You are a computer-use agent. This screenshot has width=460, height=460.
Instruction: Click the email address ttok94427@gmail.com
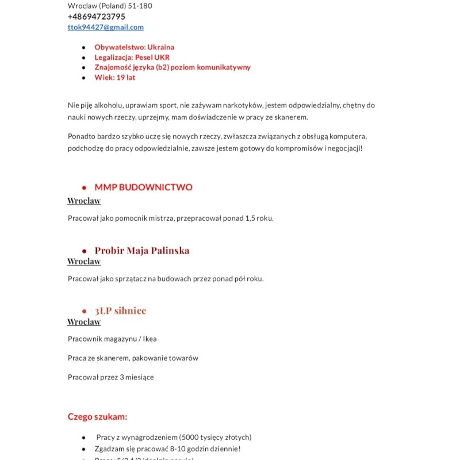(x=106, y=27)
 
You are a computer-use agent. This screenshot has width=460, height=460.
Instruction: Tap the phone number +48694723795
(x=96, y=17)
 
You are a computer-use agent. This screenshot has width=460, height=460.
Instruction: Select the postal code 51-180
(x=140, y=6)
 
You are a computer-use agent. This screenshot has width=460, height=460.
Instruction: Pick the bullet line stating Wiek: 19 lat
(x=115, y=78)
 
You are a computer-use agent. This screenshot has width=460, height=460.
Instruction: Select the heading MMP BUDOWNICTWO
(x=143, y=187)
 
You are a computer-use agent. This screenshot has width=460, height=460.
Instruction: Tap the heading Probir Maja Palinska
(x=142, y=251)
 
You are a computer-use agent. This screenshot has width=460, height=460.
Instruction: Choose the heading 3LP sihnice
(x=120, y=311)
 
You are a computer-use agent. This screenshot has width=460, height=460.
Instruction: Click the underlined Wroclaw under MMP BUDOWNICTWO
(x=84, y=201)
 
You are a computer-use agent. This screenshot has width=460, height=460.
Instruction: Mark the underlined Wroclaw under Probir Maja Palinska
(x=84, y=262)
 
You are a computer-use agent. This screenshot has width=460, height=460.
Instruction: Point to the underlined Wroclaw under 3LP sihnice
(x=84, y=322)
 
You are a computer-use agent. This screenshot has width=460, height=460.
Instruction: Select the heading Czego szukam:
(x=97, y=417)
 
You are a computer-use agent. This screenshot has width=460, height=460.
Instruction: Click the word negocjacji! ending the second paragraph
(x=343, y=148)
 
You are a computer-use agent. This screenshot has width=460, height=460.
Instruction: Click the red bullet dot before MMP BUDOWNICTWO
(x=84, y=188)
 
